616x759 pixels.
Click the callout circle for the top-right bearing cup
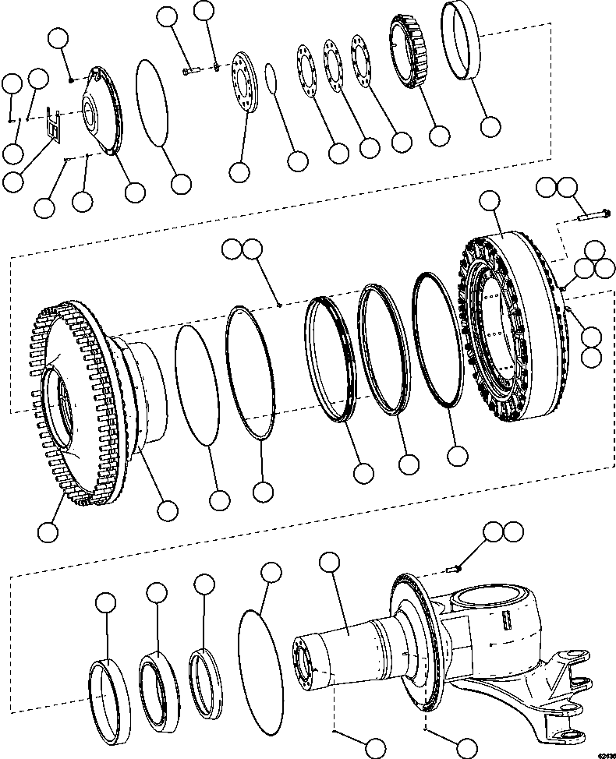(490, 126)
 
